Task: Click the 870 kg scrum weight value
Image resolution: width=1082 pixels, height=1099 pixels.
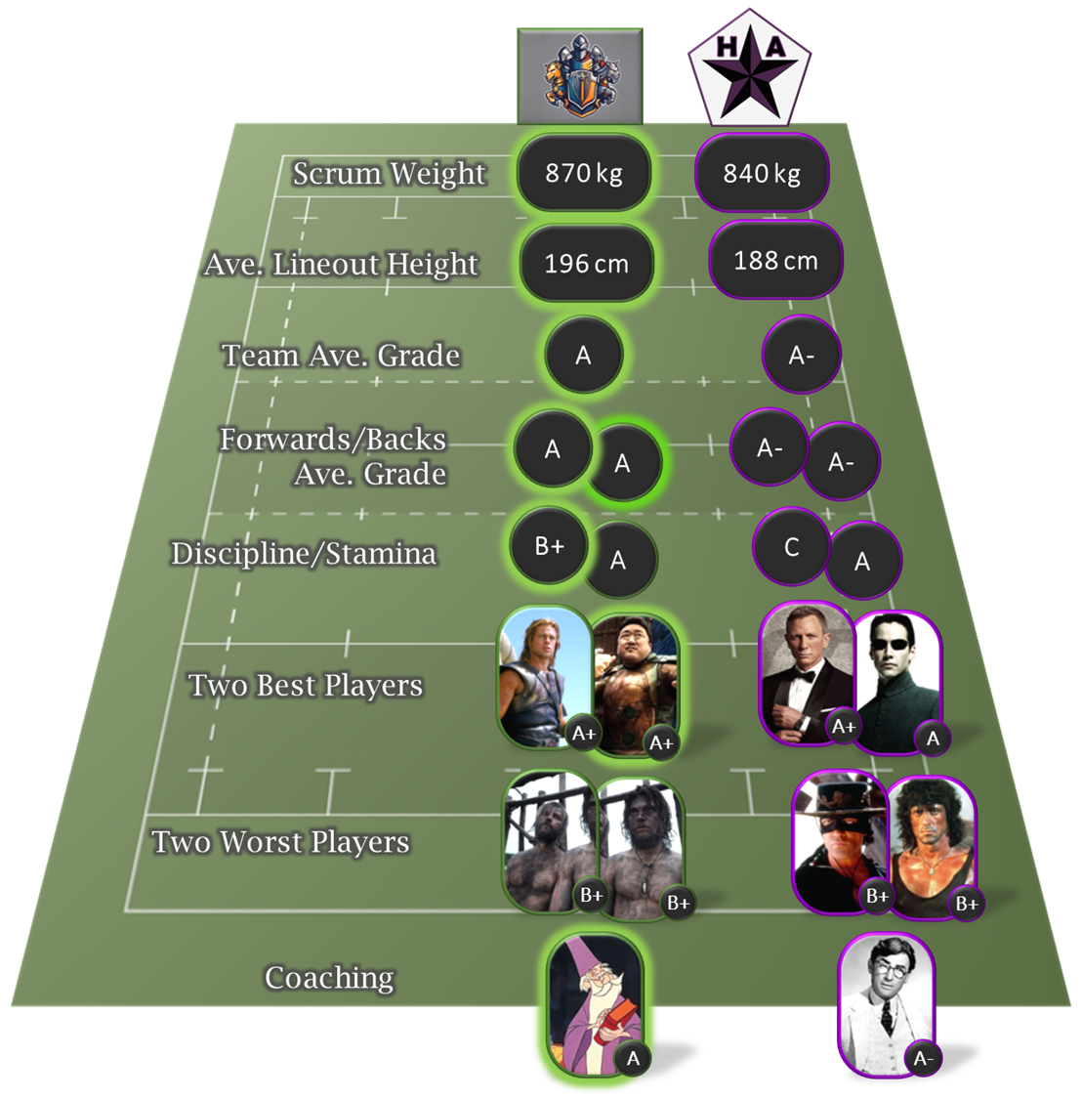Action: coord(583,173)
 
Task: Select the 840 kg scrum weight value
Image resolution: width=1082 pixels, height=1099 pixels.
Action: coord(762,174)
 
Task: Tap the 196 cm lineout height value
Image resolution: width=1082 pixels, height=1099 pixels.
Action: coord(586,263)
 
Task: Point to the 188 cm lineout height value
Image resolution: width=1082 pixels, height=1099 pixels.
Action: coord(775,260)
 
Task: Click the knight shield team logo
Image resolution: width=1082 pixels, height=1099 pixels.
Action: coord(579,75)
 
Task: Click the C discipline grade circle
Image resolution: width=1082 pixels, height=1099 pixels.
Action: coord(792,547)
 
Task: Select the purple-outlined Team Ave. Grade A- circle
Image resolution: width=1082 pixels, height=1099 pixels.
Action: coord(801,356)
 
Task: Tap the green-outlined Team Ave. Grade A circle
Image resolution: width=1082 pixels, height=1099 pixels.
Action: coord(583,356)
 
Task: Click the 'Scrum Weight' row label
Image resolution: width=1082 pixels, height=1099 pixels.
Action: coord(389,174)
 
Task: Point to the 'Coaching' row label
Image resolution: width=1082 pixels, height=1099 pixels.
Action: coord(329,978)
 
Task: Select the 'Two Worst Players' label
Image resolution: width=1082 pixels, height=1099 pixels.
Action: coord(280,842)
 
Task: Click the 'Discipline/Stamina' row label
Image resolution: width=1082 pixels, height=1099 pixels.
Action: coord(304,554)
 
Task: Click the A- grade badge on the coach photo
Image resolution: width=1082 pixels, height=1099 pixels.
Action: coord(922,1058)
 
